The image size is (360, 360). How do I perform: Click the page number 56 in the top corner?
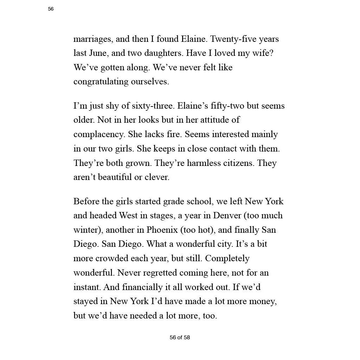tap(51, 9)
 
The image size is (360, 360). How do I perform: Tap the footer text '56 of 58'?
tap(180, 337)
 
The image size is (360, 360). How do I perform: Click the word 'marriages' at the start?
tap(92, 39)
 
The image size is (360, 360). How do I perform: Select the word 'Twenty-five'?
tap(234, 39)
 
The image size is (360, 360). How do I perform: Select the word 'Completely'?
tap(227, 258)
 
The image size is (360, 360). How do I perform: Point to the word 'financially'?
tap(142, 287)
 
